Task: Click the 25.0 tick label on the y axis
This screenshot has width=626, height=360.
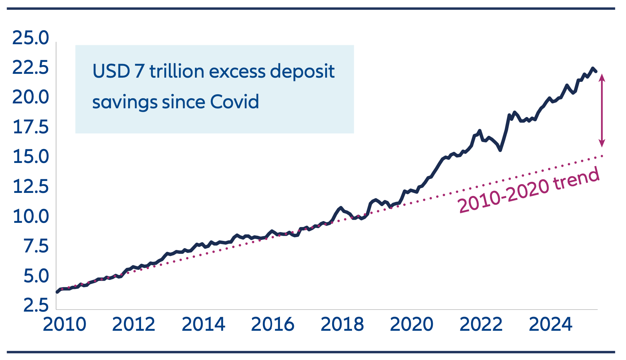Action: (31, 38)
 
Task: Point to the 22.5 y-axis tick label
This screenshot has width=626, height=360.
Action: (31, 68)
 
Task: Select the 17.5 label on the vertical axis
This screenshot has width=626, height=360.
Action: (31, 127)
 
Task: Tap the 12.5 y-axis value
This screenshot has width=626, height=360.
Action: (31, 187)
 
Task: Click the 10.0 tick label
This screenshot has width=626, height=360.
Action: (31, 217)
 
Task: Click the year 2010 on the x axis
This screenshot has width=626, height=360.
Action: (64, 324)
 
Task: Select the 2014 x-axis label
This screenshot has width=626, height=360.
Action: (203, 324)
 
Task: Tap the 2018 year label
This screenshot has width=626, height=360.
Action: (342, 324)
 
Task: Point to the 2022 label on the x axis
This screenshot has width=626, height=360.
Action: (481, 324)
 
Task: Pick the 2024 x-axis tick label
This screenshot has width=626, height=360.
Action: (550, 324)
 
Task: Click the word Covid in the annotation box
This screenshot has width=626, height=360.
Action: (235, 102)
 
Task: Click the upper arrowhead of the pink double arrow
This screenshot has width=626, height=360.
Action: (602, 77)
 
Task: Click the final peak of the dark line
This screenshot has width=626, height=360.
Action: (593, 68)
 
